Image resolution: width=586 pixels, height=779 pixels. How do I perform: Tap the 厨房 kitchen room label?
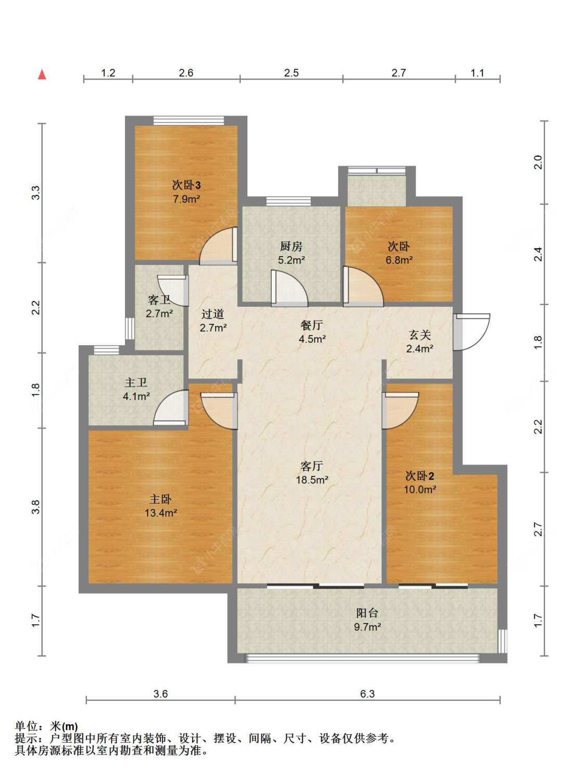tap(291, 246)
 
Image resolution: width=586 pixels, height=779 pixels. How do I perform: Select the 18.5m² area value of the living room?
tap(312, 480)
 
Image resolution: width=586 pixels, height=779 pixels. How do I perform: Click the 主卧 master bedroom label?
tap(160, 499)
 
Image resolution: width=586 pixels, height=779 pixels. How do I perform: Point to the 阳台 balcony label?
tap(367, 613)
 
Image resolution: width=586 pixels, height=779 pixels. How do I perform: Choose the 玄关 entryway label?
tap(420, 335)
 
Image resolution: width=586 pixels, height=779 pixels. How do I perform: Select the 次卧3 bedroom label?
tap(186, 185)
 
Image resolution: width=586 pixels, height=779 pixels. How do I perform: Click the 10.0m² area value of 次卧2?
tap(420, 489)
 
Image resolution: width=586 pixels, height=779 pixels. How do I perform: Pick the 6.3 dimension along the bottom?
tap(367, 694)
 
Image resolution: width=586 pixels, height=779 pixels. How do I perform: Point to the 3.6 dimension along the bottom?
tap(160, 694)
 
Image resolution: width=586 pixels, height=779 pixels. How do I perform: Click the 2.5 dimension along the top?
tap(291, 73)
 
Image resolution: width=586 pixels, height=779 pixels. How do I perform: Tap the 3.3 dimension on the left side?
tap(36, 193)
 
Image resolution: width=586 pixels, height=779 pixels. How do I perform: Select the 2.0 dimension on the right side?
tap(538, 162)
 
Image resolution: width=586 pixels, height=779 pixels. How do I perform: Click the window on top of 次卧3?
tap(189, 120)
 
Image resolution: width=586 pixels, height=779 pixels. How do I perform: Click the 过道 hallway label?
tap(213, 313)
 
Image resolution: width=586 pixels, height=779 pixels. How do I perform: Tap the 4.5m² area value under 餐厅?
tap(313, 339)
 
